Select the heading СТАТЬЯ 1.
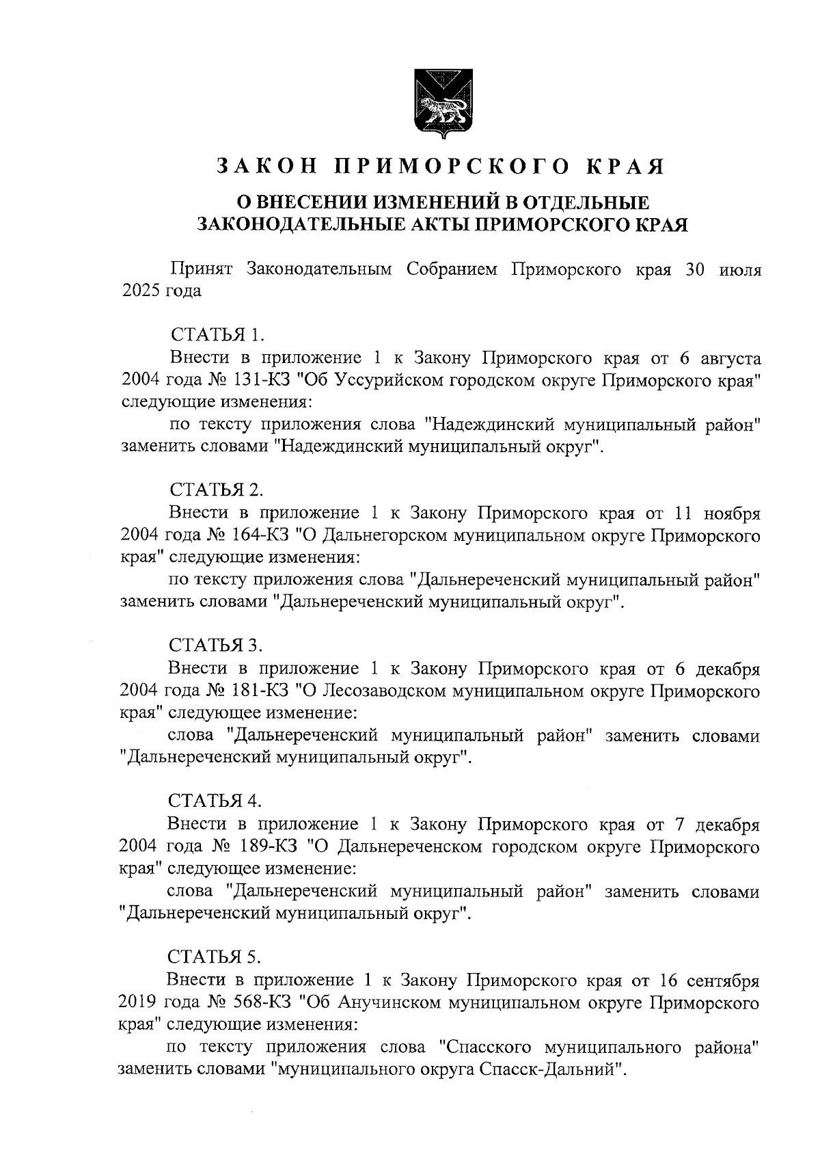pos(217,335)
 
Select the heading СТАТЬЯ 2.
pos(217,490)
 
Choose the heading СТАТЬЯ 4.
pos(217,801)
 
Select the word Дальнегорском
pos(388,535)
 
